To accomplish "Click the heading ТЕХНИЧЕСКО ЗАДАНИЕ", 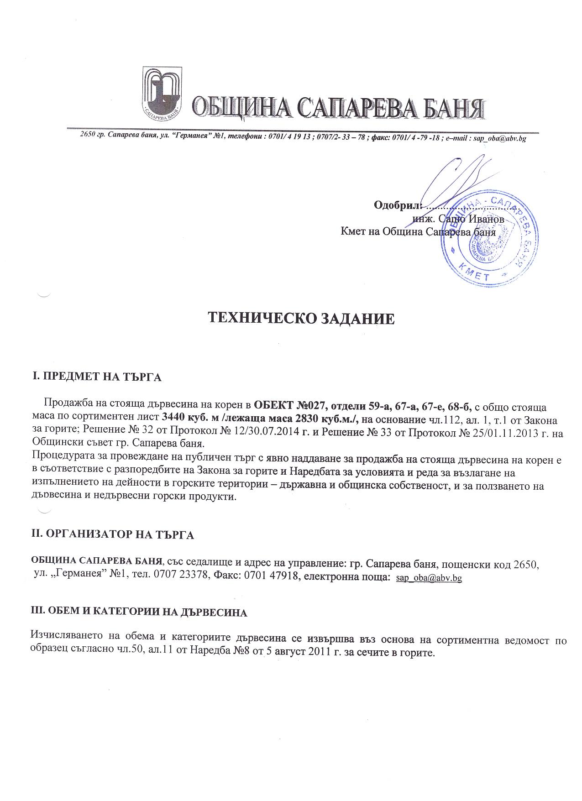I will pyautogui.click(x=301, y=318).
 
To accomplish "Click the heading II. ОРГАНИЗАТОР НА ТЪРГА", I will pyautogui.click(x=112, y=534).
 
